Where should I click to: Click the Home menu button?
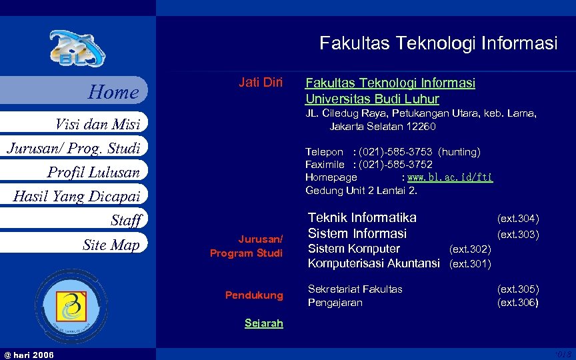[x=113, y=92]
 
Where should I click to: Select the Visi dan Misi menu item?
[x=97, y=124]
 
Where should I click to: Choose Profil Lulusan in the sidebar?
[x=93, y=172]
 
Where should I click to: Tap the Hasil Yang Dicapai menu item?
[x=77, y=196]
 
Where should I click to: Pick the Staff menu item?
[x=126, y=220]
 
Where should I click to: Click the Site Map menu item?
[x=111, y=245]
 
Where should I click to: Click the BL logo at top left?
[x=76, y=49]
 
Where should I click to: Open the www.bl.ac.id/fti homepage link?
[x=450, y=178]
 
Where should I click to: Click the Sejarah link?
[x=263, y=323]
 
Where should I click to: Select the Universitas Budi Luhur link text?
[x=372, y=99]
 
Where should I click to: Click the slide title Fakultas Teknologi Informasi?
[x=438, y=44]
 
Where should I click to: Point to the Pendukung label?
[x=254, y=295]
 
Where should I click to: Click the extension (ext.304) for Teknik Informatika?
[x=518, y=219]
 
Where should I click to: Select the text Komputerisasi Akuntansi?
[x=373, y=263]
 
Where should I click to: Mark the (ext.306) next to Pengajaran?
[x=518, y=303]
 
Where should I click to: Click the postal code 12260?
[x=421, y=127]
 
